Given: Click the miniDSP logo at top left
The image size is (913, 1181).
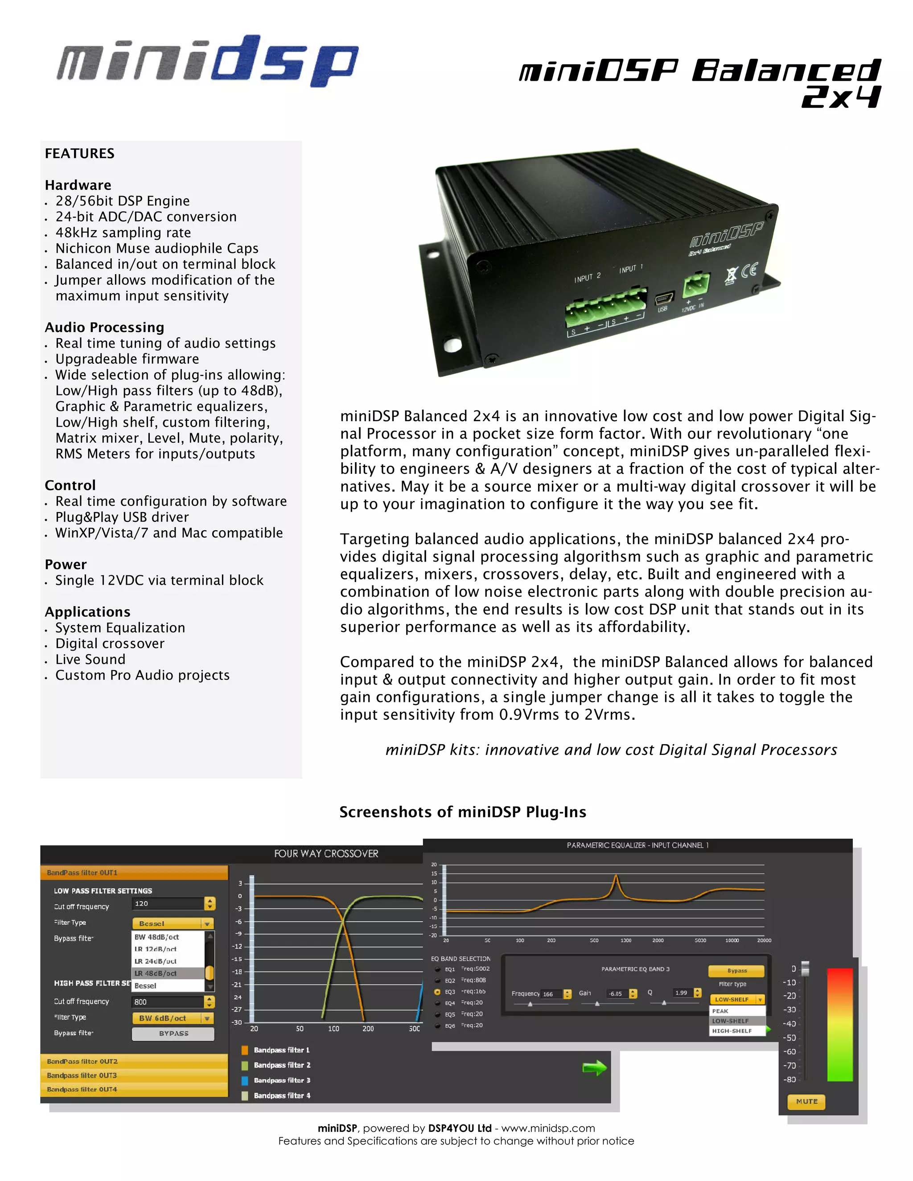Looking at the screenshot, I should tap(207, 61).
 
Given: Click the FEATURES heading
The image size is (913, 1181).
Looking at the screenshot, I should tap(79, 154).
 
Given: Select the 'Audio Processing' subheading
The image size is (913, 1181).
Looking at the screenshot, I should tap(104, 327).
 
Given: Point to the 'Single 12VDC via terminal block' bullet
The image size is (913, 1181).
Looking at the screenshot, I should tap(159, 580).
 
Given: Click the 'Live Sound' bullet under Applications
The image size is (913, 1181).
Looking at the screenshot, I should tap(90, 659).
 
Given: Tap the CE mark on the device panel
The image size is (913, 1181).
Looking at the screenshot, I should tap(750, 271).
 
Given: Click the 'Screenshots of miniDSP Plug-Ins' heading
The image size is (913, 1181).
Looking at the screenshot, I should tap(462, 812).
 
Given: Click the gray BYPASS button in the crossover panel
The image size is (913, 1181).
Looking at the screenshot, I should tap(173, 1033).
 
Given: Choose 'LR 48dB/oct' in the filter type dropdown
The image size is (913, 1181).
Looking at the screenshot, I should tap(156, 973).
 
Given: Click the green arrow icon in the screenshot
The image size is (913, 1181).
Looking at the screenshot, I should tap(594, 1068).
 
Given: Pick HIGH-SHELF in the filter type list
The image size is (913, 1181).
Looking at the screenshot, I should tap(732, 1031).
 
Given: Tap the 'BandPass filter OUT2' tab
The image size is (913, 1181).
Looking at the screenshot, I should tap(82, 1062).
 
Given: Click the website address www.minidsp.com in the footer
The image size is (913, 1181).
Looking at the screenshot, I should tap(548, 1128).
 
